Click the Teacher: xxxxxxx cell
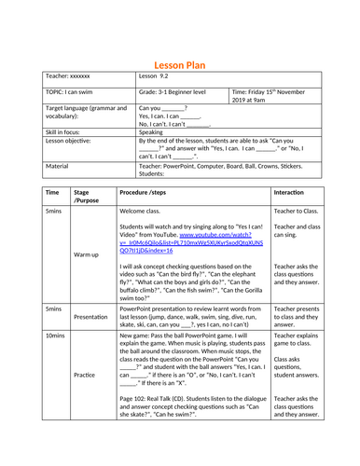tap(66, 81)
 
